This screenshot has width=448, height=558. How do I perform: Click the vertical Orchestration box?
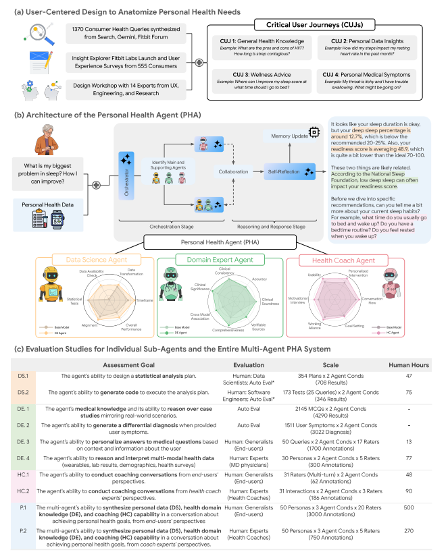126,173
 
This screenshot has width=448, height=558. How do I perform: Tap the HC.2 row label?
22,491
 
